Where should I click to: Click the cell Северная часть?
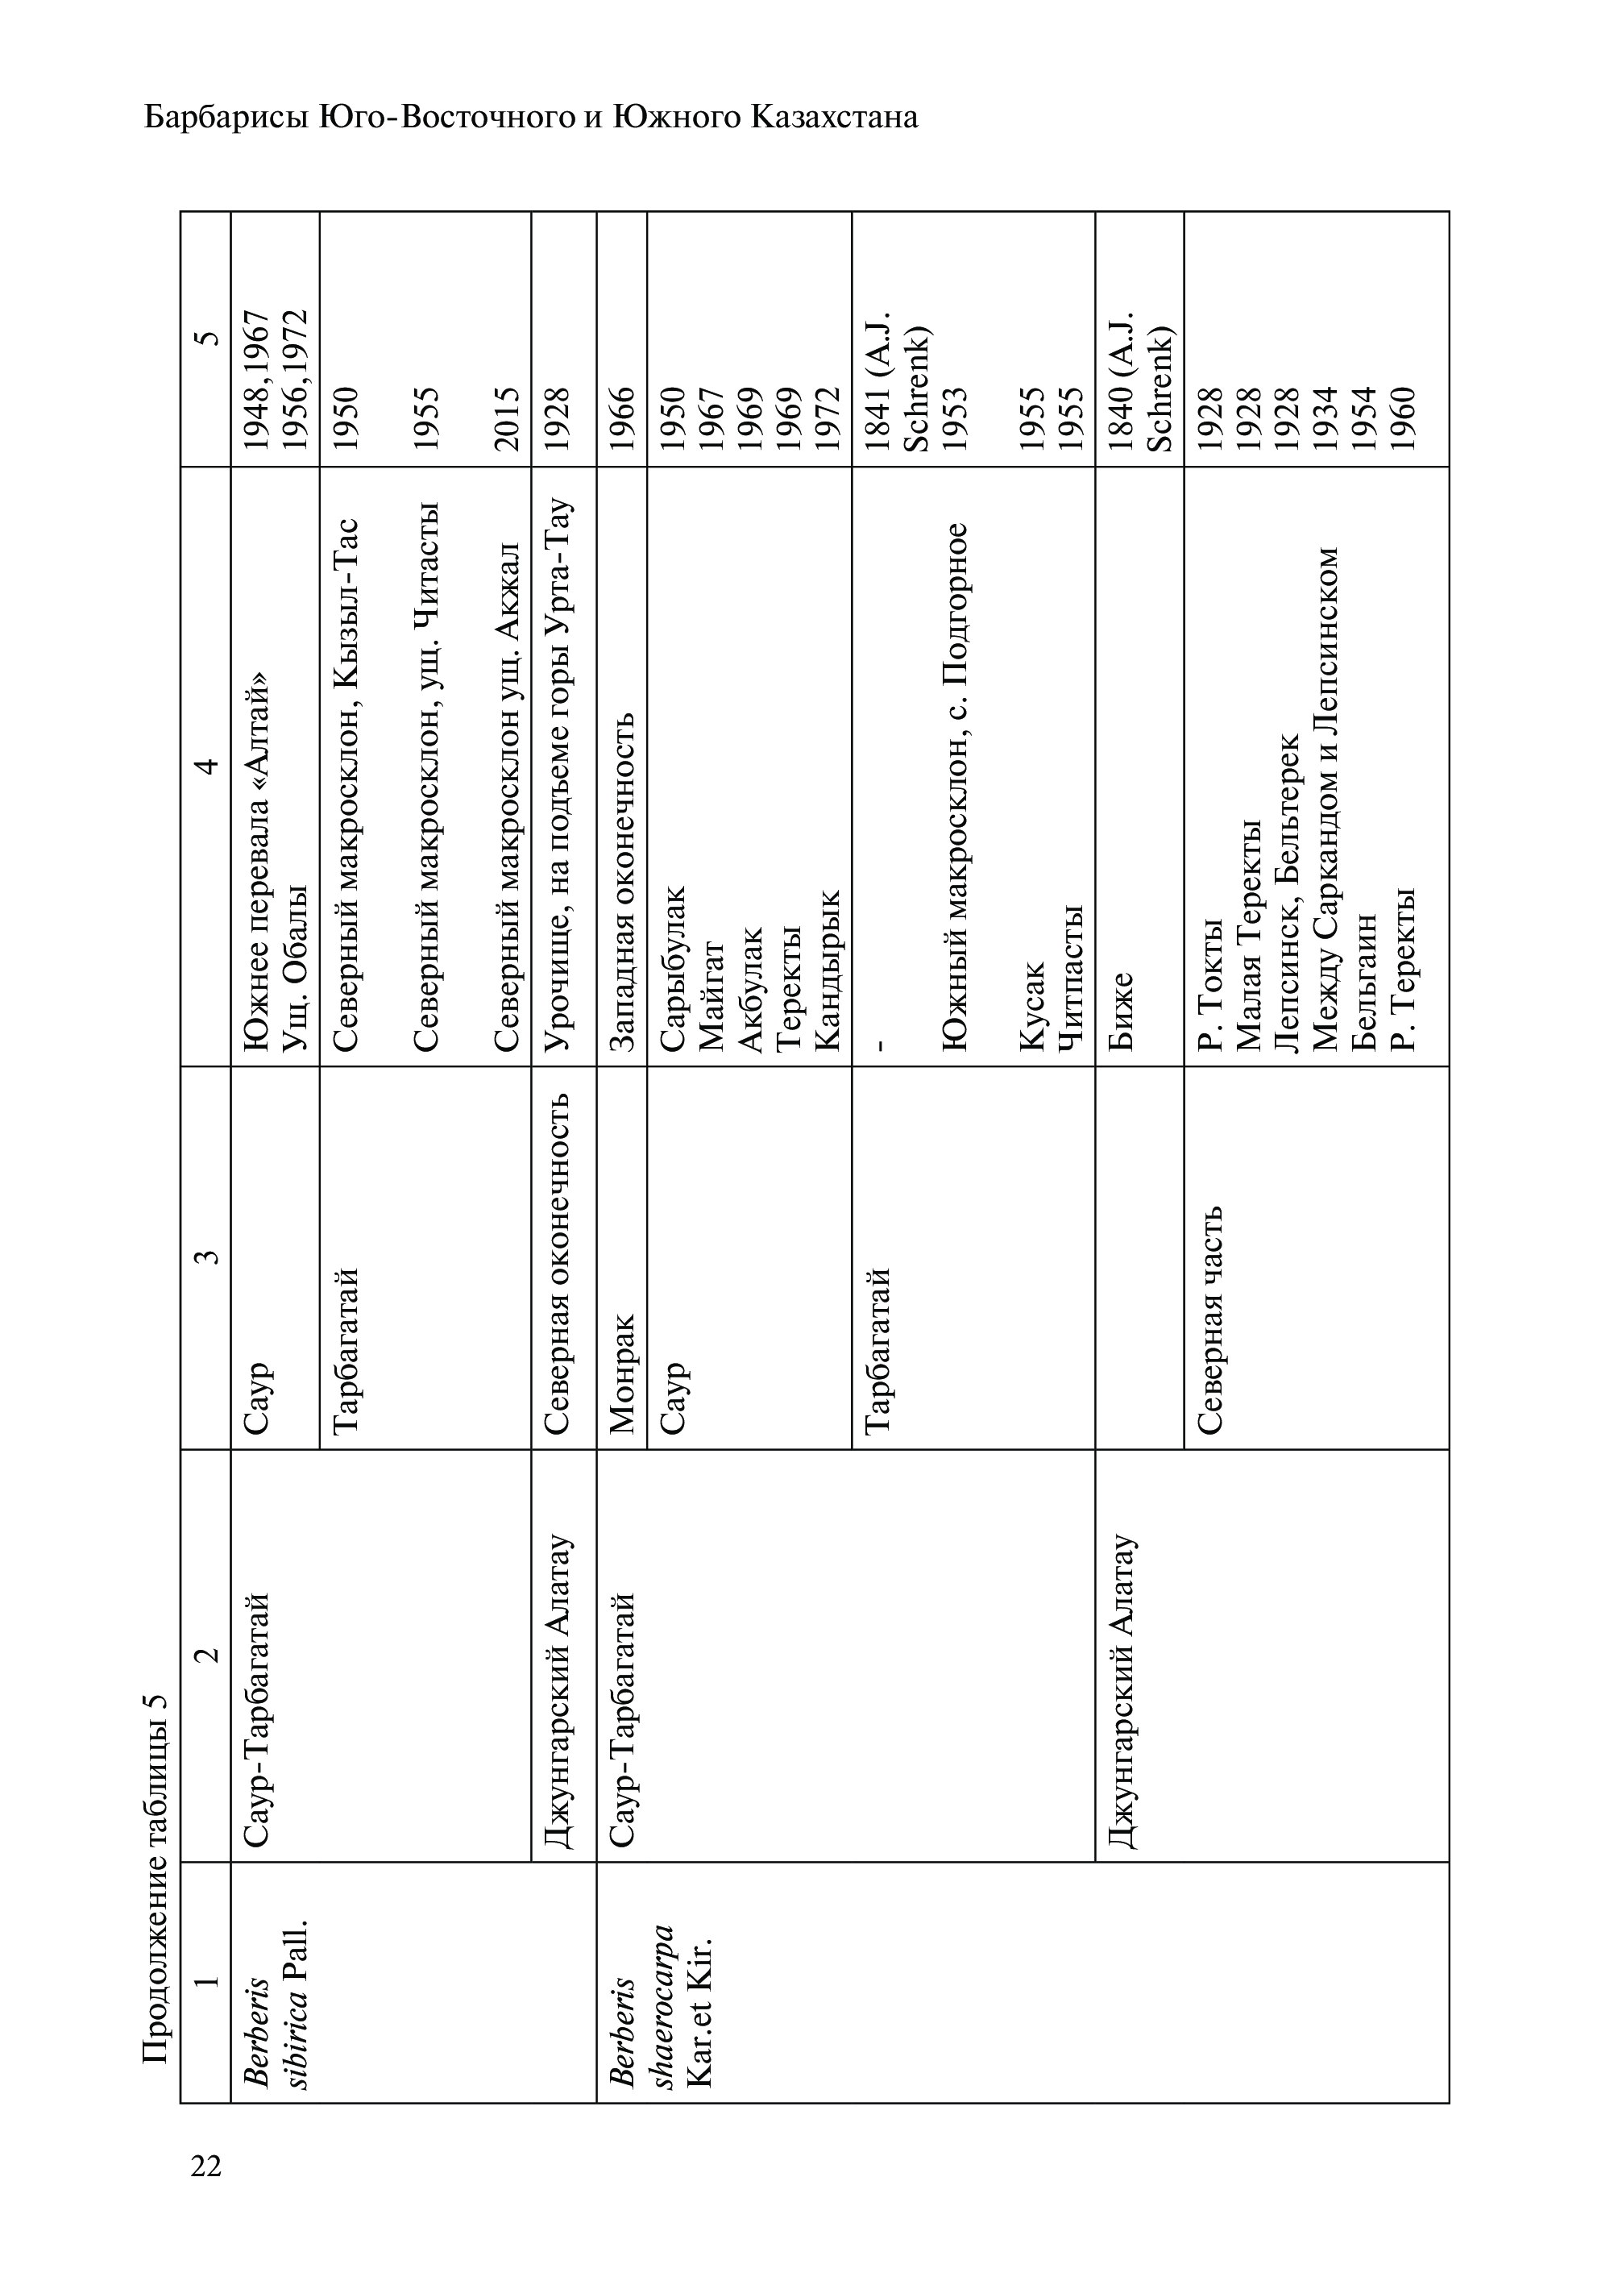[1209, 1320]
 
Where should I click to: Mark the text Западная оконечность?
[620, 881]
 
